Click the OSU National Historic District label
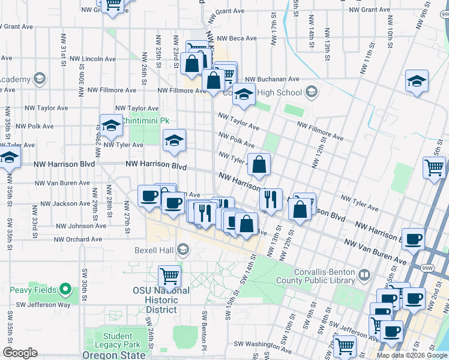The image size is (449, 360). coord(161,300)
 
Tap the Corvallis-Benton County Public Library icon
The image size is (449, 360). coord(364,275)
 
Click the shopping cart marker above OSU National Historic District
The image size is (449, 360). coord(169,276)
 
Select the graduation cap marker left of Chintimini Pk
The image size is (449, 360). coord(111,125)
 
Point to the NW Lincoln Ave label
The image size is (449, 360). coord(92,59)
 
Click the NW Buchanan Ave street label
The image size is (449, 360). coord(272,79)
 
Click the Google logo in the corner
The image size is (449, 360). coord(20,353)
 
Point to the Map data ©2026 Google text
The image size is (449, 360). coord(411,355)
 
